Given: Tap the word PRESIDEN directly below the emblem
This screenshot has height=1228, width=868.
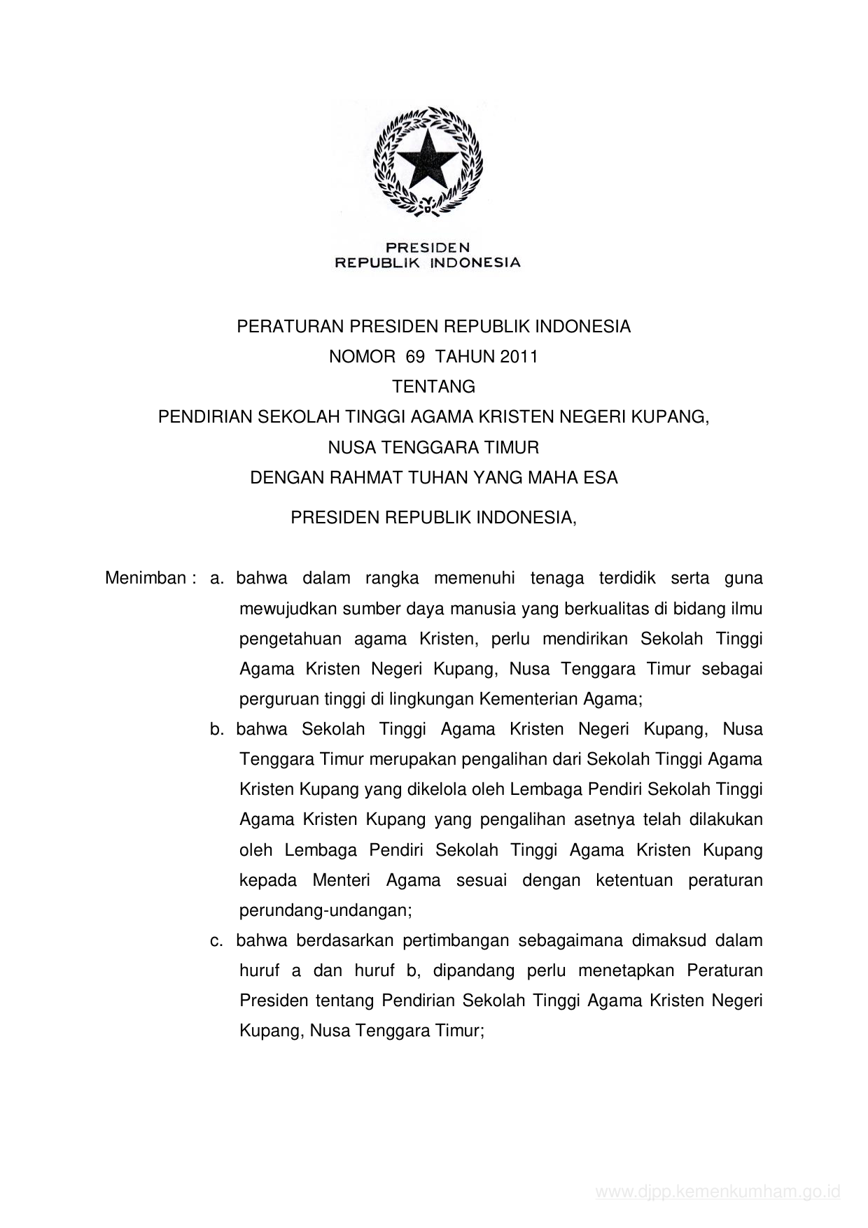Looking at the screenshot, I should point(428,247).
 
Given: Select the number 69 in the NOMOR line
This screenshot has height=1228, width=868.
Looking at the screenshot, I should point(414,357).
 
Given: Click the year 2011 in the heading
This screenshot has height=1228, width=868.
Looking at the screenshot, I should point(519,357).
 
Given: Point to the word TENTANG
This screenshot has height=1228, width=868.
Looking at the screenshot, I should point(433,386).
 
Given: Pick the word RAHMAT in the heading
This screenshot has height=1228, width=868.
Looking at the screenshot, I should point(358,478).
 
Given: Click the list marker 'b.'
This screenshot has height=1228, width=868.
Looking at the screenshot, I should point(216,729).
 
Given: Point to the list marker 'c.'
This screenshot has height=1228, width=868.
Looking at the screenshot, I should point(216,940).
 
